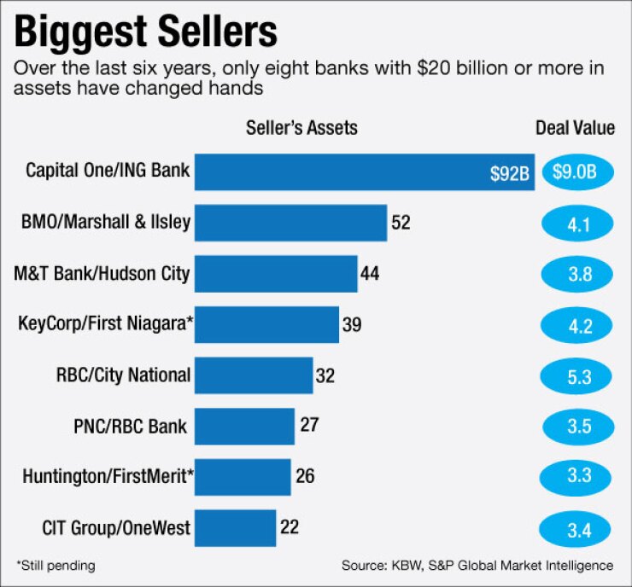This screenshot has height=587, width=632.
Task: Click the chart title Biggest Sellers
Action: point(146,33)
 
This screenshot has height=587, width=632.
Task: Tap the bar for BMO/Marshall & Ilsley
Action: point(291,224)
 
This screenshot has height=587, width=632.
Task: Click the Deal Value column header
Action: point(575,129)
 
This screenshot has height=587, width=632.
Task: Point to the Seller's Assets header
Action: point(301,129)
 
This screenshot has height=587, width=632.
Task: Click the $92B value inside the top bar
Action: point(510,174)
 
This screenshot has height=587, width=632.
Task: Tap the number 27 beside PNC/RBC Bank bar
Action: point(309,425)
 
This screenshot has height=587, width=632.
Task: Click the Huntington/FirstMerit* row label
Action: point(104,476)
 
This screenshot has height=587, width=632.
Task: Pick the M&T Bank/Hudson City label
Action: point(102,274)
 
